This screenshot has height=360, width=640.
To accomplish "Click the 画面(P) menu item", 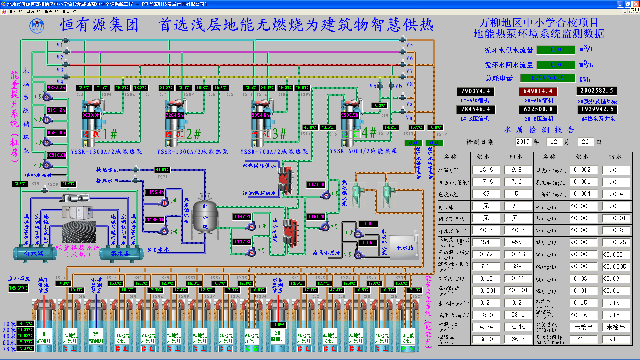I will (x=15, y=12).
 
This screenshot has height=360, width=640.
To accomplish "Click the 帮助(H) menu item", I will (x=69, y=12).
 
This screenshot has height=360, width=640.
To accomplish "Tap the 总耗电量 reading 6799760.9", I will (x=548, y=78).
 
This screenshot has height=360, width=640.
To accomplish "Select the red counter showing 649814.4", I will (x=538, y=91).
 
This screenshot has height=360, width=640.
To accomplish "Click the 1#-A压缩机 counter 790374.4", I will (x=475, y=91).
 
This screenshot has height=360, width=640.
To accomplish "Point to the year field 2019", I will (x=523, y=142).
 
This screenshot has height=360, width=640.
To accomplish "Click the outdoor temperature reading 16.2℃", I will (x=18, y=288).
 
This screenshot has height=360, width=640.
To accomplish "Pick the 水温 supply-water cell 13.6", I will (x=486, y=170).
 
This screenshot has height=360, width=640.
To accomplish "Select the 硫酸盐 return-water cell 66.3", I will (x=518, y=339).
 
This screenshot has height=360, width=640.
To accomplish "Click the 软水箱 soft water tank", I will (x=404, y=247).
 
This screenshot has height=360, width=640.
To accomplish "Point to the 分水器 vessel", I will (x=34, y=254).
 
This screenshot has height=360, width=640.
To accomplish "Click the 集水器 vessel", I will (x=121, y=254).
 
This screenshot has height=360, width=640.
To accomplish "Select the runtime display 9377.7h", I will (x=56, y=88).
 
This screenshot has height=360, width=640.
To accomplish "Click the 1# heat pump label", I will (x=110, y=134).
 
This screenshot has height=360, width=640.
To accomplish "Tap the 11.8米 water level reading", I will (x=278, y=325).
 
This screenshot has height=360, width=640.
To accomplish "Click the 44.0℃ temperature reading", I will (x=162, y=170).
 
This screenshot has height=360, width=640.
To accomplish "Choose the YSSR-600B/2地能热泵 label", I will (x=363, y=151).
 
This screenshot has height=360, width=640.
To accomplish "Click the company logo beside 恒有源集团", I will (x=37, y=26).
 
